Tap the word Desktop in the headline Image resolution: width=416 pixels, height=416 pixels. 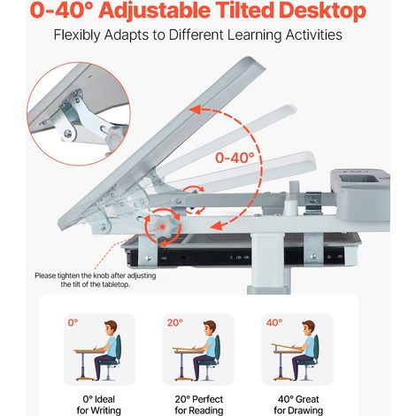323,11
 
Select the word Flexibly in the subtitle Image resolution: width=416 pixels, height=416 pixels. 77,35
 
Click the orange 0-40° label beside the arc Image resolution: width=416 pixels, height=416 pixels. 235,158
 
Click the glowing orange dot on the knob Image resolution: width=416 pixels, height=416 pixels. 162,227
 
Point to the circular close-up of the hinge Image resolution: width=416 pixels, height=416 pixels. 79,113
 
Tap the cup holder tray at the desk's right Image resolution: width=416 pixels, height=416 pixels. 360,195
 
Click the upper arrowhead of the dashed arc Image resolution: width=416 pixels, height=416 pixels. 196,110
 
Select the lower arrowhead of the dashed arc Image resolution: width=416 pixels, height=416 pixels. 215,226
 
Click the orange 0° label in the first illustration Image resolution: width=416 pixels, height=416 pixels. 73,322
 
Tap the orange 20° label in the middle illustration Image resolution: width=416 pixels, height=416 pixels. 175,322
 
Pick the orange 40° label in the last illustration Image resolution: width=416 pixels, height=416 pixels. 274,322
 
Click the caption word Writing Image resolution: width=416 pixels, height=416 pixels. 106,411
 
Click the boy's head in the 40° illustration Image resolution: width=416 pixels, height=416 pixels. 309,327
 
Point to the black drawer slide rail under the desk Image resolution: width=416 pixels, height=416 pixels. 236,258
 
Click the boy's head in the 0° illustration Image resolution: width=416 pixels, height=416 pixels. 111,327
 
